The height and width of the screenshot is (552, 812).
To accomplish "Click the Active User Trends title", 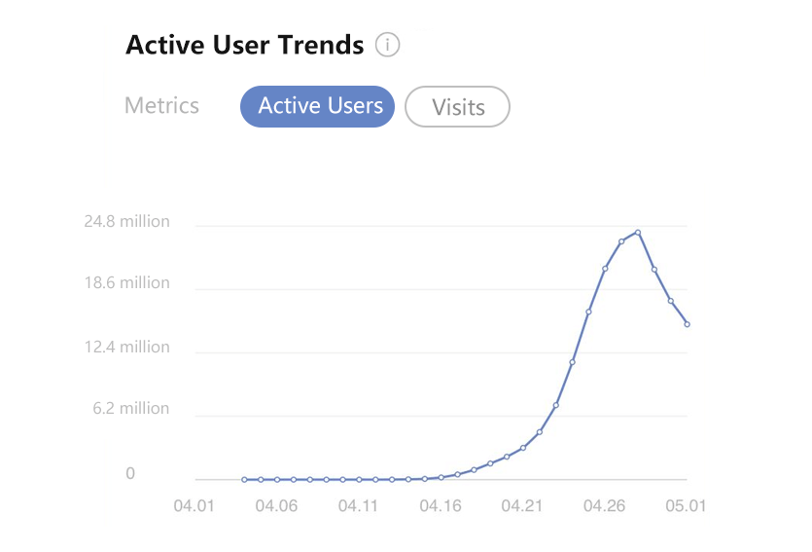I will point(244,45).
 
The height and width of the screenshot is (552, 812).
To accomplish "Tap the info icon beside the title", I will point(388,45).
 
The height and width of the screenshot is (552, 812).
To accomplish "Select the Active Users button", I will point(317,106).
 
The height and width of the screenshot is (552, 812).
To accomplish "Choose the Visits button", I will point(457,107).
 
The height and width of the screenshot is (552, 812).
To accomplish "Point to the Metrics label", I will point(161,105).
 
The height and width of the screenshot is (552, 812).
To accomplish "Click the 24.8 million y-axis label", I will point(126,221).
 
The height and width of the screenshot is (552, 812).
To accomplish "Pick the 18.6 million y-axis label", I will point(126,283).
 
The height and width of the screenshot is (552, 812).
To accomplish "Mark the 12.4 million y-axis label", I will point(126,347).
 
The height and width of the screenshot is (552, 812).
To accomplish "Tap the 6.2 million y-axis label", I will point(131,409).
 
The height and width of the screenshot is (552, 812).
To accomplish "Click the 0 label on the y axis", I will point(129,474).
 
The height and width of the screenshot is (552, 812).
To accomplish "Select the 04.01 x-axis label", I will point(194,506).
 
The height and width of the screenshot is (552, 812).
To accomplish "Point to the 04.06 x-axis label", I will point(276,506).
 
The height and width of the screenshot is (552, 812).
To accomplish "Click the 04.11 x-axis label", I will point(358,506).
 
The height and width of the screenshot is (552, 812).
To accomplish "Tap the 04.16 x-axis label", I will point(440,506).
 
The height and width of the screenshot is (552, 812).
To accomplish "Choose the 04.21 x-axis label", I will point(522,506).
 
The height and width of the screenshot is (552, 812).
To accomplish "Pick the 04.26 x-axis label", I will point(604,506).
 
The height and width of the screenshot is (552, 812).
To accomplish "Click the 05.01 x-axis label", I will point(686,506).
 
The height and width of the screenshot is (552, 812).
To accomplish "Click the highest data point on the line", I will point(638,233).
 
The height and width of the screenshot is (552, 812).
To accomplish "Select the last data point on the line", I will point(687,324).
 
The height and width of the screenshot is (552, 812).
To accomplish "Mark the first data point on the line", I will point(244,479).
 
